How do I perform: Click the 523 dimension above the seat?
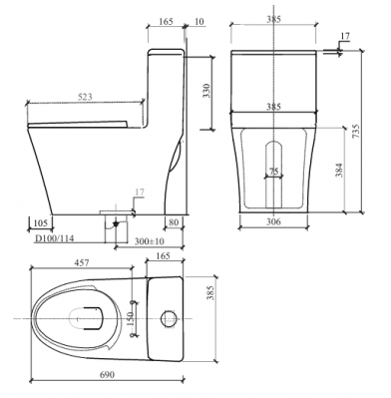pyautogui.click(x=85, y=97)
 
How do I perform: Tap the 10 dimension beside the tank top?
pyautogui.click(x=198, y=22)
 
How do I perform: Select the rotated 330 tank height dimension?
pyautogui.click(x=206, y=91)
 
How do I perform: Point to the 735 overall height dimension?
pyautogui.click(x=356, y=132)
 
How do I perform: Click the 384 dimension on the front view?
pyautogui.click(x=339, y=170)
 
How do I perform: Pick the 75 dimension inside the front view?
pyautogui.click(x=273, y=172)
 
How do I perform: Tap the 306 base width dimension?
pyautogui.click(x=273, y=221)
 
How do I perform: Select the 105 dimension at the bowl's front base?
pyautogui.click(x=41, y=222)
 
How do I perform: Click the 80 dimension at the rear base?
pyautogui.click(x=174, y=222)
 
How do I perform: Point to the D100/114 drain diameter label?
pyautogui.click(x=55, y=238)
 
